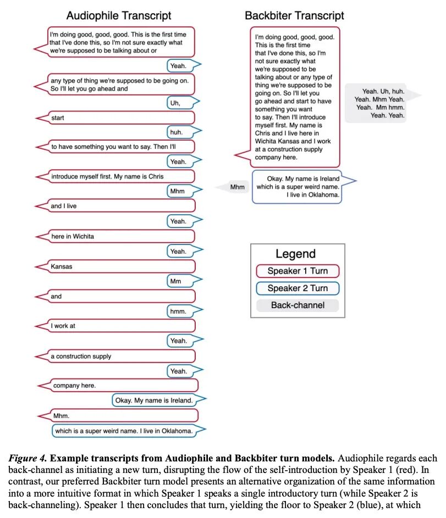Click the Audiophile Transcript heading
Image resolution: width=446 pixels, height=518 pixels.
click(119, 16)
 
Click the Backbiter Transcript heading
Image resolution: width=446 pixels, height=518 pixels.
click(294, 16)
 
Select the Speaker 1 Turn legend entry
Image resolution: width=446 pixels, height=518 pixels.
click(298, 271)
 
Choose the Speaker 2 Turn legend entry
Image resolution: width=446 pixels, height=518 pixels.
click(298, 288)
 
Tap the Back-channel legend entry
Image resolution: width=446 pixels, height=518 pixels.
click(298, 305)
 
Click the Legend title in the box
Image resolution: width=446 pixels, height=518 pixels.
click(295, 254)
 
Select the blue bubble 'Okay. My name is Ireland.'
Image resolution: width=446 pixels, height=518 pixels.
click(153, 400)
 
